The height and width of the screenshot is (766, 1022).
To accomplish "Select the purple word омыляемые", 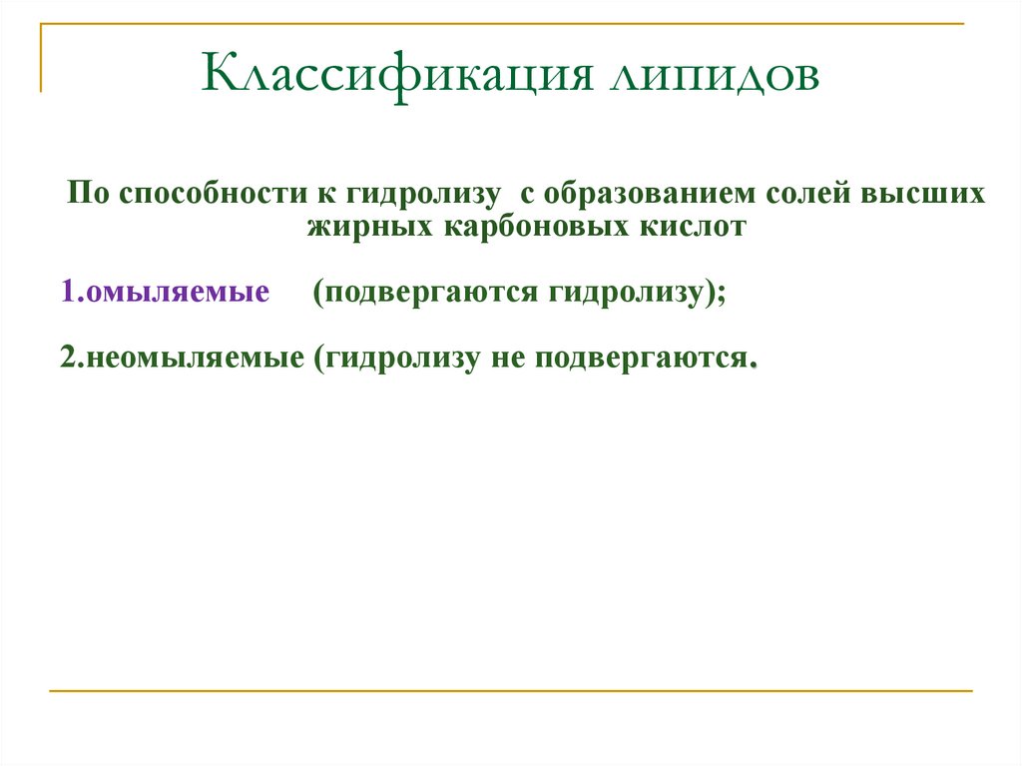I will [178, 292].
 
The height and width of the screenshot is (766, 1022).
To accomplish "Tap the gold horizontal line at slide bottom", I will [510, 690].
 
